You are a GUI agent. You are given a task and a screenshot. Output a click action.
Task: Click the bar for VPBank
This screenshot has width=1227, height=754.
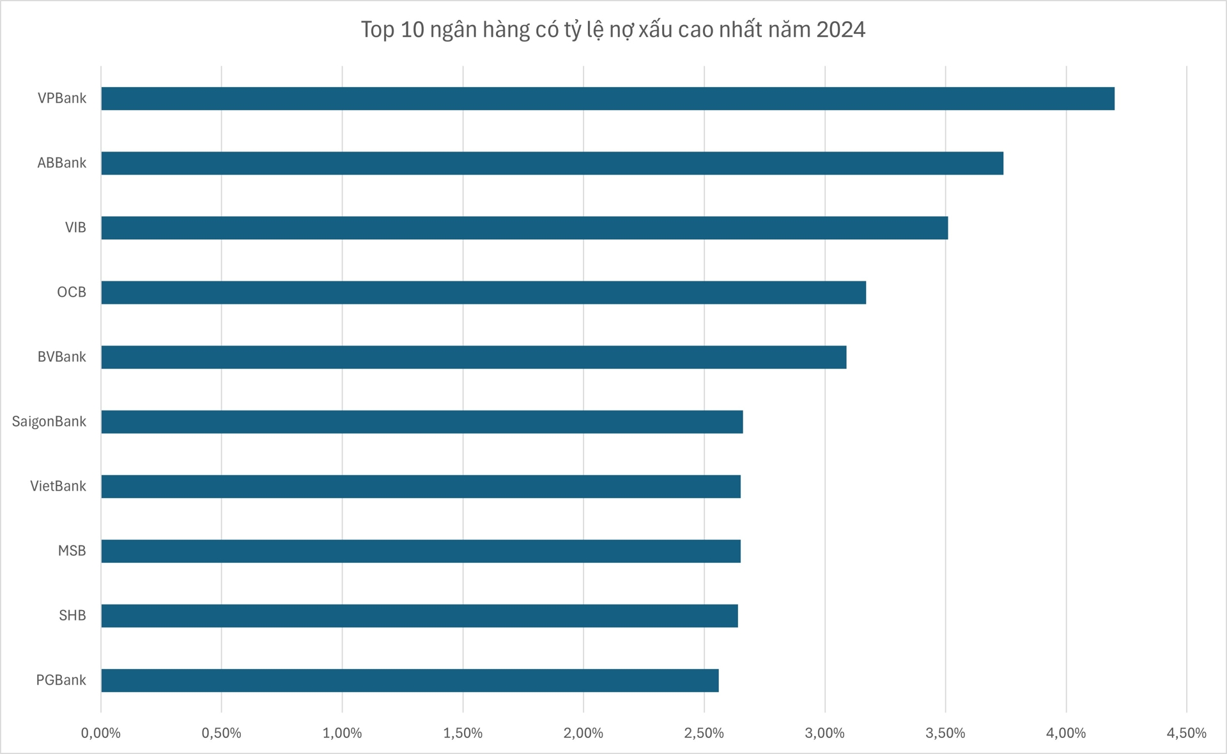(x=607, y=98)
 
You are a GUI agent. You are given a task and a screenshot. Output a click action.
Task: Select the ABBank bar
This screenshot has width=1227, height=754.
(x=552, y=163)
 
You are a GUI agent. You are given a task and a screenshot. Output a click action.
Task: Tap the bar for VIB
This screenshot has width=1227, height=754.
(x=524, y=228)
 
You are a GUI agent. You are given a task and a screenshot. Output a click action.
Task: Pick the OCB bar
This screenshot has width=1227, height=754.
(x=483, y=292)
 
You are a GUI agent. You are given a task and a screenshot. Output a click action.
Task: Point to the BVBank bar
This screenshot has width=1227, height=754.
(x=474, y=357)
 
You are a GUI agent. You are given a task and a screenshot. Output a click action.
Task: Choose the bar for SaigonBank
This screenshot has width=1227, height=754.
(x=422, y=421)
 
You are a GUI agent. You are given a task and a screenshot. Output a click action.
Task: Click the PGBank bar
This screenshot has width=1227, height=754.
(x=410, y=680)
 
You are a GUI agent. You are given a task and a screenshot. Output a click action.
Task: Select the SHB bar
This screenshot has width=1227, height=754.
(x=419, y=615)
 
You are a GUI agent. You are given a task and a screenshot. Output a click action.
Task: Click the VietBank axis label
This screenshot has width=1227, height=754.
(x=58, y=486)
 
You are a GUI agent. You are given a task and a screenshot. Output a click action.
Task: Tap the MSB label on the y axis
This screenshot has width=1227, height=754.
(x=72, y=551)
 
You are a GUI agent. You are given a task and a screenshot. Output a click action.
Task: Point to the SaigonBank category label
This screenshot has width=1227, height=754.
(x=49, y=421)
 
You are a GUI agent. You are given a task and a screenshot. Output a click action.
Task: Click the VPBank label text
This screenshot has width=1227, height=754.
(x=62, y=98)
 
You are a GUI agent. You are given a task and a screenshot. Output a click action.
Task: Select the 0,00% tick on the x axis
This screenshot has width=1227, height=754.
(x=101, y=733)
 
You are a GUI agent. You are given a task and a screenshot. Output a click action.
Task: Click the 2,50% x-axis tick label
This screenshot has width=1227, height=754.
(x=704, y=733)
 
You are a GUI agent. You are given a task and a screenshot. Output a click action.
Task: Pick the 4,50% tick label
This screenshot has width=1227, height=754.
(x=1186, y=733)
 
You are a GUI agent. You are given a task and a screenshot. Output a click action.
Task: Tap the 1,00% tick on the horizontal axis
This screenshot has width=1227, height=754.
(x=342, y=733)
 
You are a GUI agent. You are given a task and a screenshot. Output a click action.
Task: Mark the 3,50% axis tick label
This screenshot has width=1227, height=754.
(x=945, y=733)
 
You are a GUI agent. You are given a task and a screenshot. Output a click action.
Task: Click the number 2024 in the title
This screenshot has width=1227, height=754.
(x=840, y=29)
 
